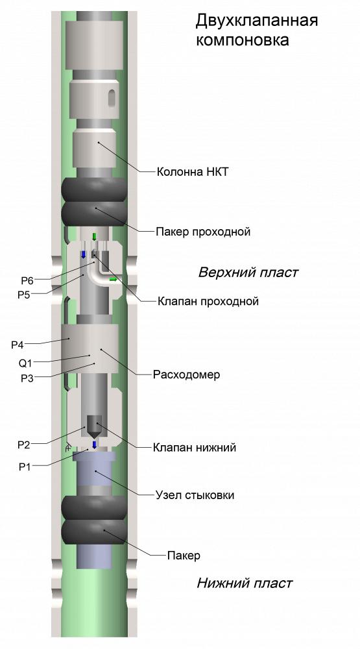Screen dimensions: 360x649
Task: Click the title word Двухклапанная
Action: (x=257, y=21)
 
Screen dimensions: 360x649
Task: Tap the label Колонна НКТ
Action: (x=192, y=171)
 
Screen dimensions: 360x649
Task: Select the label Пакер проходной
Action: (x=203, y=232)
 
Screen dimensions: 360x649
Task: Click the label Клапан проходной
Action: (x=208, y=301)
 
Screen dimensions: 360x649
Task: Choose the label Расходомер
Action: (x=186, y=374)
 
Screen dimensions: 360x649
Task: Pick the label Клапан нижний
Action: (x=195, y=447)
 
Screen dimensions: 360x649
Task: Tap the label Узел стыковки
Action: (x=195, y=495)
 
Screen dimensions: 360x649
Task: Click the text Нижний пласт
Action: (x=245, y=583)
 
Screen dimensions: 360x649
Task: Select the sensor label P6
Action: (x=27, y=281)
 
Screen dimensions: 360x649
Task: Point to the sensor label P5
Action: (x=23, y=295)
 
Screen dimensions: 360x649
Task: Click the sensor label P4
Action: (x=18, y=345)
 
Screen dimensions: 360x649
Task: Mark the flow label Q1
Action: (x=25, y=363)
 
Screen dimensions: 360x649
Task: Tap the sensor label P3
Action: (x=27, y=378)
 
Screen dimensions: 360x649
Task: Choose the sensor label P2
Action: (x=23, y=445)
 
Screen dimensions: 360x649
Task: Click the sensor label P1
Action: (x=25, y=467)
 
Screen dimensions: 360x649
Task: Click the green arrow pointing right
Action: (x=113, y=280)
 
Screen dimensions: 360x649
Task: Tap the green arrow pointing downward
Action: (x=94, y=237)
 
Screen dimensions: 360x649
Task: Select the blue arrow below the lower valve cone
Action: (x=94, y=445)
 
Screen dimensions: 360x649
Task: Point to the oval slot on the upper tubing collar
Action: (x=112, y=99)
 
